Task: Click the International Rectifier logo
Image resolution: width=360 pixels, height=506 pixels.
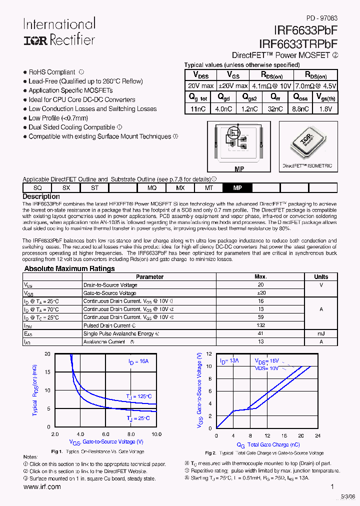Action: coord(59,32)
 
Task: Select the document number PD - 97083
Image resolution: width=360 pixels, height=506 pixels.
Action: coord(321,17)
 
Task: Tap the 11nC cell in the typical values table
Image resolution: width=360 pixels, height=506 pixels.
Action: coord(198,108)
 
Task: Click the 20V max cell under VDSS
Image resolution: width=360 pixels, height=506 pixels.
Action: coord(201,86)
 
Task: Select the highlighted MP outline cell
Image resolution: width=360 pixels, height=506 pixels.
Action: coord(237,187)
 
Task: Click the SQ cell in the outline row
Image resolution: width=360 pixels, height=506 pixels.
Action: coord(37,187)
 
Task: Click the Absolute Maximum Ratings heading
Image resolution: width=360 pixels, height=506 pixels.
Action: coord(69,268)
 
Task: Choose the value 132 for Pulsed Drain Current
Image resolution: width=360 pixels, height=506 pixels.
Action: coord(260,325)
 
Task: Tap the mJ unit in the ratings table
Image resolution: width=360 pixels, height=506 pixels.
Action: coord(321,333)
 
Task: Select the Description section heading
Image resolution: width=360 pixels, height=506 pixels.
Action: coord(41,196)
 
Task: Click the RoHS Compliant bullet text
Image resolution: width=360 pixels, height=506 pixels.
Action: coord(52,72)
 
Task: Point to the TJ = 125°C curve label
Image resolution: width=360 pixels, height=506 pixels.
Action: coord(138,396)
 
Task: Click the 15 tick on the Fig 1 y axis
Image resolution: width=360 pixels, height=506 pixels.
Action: coord(47,372)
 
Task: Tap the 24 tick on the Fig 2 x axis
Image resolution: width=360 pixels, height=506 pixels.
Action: coord(317,435)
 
